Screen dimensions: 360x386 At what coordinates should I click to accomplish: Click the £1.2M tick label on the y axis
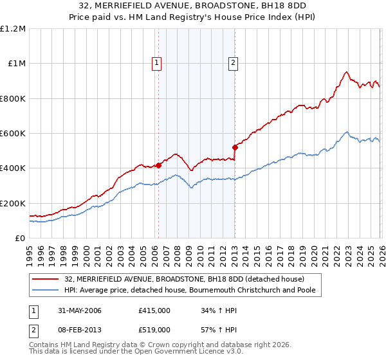tap(13, 29)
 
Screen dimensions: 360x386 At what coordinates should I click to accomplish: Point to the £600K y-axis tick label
tap(13, 134)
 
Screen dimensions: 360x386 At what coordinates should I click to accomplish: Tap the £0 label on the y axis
tap(19, 239)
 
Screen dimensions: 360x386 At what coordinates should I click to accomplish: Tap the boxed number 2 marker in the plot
tap(233, 62)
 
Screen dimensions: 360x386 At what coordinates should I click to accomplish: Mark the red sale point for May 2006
tap(158, 165)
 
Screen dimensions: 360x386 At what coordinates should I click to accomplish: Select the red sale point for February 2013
tap(235, 148)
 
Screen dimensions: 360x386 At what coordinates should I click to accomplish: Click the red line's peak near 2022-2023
tap(346, 72)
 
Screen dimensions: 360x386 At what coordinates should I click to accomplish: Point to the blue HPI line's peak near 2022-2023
tap(347, 132)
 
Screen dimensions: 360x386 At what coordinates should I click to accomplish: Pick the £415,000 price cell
tap(154, 310)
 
